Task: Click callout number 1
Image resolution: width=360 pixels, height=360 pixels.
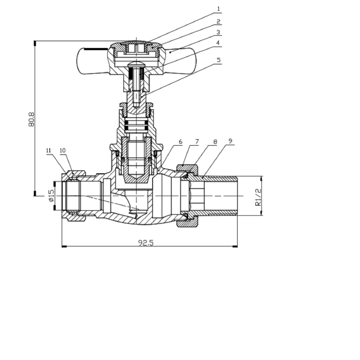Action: pyautogui.click(x=218, y=9)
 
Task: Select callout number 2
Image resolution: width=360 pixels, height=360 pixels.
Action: pyautogui.click(x=218, y=22)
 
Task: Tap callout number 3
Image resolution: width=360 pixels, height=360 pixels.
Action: pyautogui.click(x=218, y=33)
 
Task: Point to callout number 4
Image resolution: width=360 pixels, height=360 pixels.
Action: pyautogui.click(x=218, y=43)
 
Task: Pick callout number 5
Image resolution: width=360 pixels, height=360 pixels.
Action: pyautogui.click(x=218, y=60)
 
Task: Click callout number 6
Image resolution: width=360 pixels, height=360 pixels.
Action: pyautogui.click(x=180, y=142)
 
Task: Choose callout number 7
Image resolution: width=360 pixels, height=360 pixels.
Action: pyautogui.click(x=197, y=142)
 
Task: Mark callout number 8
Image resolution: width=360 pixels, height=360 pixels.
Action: pyautogui.click(x=215, y=142)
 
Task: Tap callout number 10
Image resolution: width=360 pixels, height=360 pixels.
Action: pyautogui.click(x=62, y=150)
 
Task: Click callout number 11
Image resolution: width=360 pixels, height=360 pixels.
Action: pyautogui.click(x=48, y=150)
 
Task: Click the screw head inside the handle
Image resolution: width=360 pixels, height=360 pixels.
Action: pyautogui.click(x=137, y=63)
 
